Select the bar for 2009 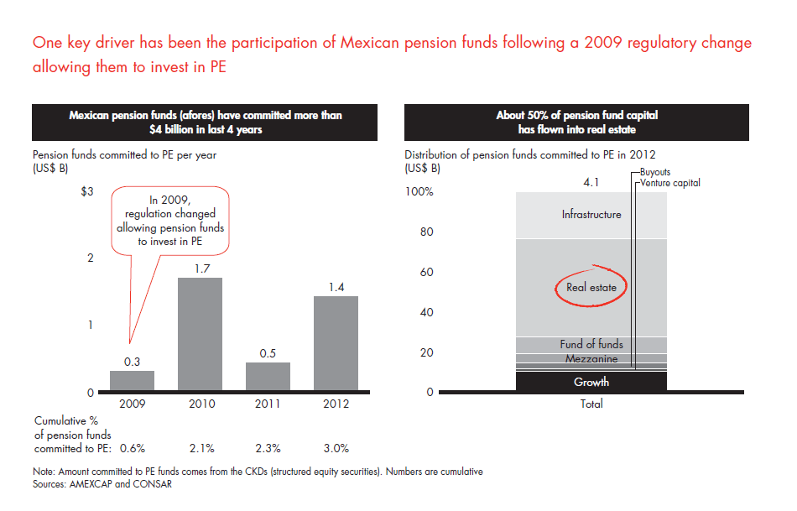coord(132,381)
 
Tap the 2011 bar coord(268,377)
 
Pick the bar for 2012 coord(335,344)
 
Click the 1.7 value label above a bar coord(202,269)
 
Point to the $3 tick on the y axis coord(87,191)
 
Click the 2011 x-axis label coord(268,404)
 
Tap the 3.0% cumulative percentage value coord(335,448)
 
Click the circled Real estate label coord(591,288)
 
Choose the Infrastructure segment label coord(591,215)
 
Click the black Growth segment coord(591,382)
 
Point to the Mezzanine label coord(591,359)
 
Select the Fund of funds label coord(591,345)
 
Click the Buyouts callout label coord(654,172)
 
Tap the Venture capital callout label coord(669,183)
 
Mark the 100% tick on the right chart coord(419,192)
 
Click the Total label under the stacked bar coord(591,404)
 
